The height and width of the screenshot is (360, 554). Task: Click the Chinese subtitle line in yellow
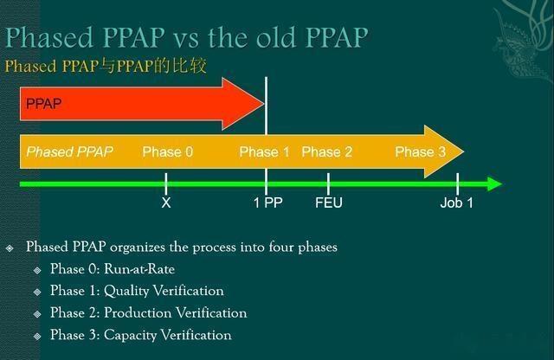click(x=106, y=66)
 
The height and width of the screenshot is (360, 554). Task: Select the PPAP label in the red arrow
click(x=44, y=103)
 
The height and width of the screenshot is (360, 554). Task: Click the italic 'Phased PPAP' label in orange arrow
click(x=69, y=151)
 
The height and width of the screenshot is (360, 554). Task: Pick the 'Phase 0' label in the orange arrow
click(x=167, y=151)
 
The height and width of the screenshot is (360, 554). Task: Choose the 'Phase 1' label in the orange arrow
click(x=264, y=151)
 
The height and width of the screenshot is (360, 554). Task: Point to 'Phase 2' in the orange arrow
click(x=326, y=151)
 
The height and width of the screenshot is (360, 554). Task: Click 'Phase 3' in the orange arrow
click(x=420, y=151)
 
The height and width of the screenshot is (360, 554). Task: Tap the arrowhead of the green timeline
click(x=494, y=183)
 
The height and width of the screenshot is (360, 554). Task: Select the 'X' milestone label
click(x=166, y=202)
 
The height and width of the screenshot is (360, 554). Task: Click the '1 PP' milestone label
click(x=267, y=202)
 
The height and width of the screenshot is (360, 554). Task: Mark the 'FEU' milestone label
click(x=329, y=202)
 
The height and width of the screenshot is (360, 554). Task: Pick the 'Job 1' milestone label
click(x=457, y=202)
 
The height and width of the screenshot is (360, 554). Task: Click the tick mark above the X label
click(x=166, y=183)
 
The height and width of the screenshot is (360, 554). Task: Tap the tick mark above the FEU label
click(x=329, y=183)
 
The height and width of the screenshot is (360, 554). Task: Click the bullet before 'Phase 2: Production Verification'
click(x=37, y=313)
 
